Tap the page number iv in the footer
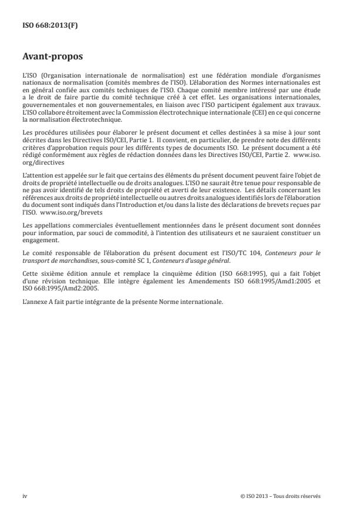[25, 496]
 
